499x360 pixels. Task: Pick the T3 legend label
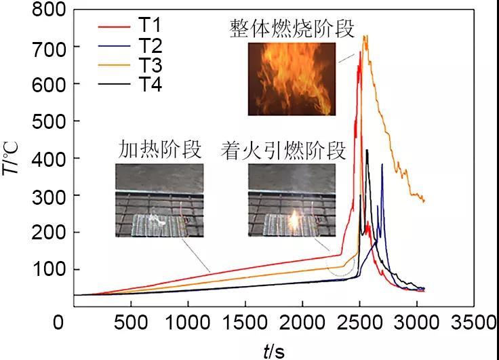[151, 64]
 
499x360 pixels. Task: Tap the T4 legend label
[151, 85]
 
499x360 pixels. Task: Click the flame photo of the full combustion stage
[292, 79]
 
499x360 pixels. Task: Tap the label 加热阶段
[160, 149]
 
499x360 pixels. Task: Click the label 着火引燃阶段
[283, 149]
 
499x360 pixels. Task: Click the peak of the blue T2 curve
[382, 165]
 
